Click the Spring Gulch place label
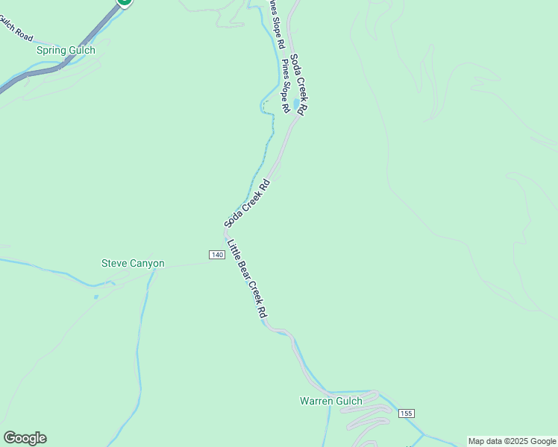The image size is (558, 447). (66, 51)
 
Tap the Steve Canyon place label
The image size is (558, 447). (133, 264)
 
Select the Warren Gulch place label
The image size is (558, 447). (330, 402)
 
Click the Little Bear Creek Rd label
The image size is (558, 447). (247, 279)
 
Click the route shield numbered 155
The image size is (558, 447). (406, 413)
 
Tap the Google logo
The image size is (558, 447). (25, 438)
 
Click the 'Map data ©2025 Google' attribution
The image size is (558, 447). (512, 441)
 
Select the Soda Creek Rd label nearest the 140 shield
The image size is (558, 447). (247, 203)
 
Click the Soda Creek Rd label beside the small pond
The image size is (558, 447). (299, 83)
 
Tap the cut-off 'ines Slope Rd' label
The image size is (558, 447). (276, 24)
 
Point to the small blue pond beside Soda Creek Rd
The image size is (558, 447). (296, 103)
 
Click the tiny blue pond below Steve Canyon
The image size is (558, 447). (96, 297)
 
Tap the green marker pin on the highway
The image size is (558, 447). (125, 2)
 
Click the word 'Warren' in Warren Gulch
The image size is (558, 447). (316, 402)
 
